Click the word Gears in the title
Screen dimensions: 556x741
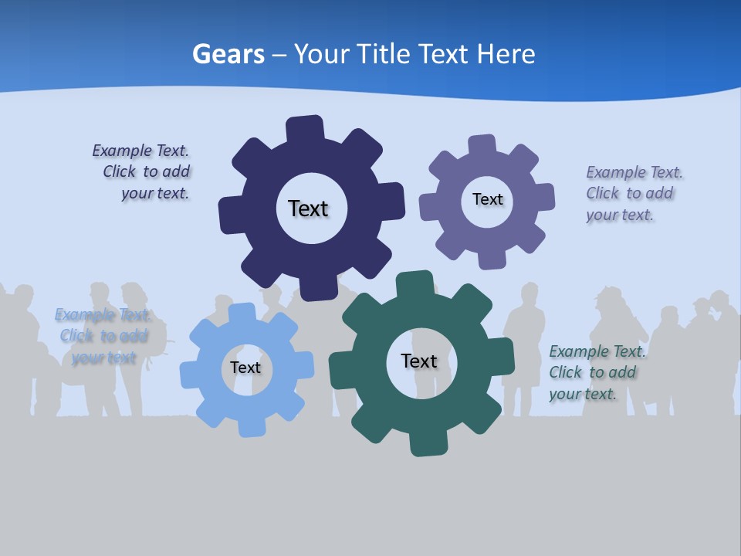pos(228,54)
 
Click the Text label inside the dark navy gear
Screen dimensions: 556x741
pos(308,208)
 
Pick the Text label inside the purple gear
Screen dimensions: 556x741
pos(487,199)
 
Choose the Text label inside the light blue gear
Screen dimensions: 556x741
pos(245,368)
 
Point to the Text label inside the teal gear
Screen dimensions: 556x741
pos(419,361)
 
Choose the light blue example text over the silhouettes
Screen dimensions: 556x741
pos(103,335)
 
